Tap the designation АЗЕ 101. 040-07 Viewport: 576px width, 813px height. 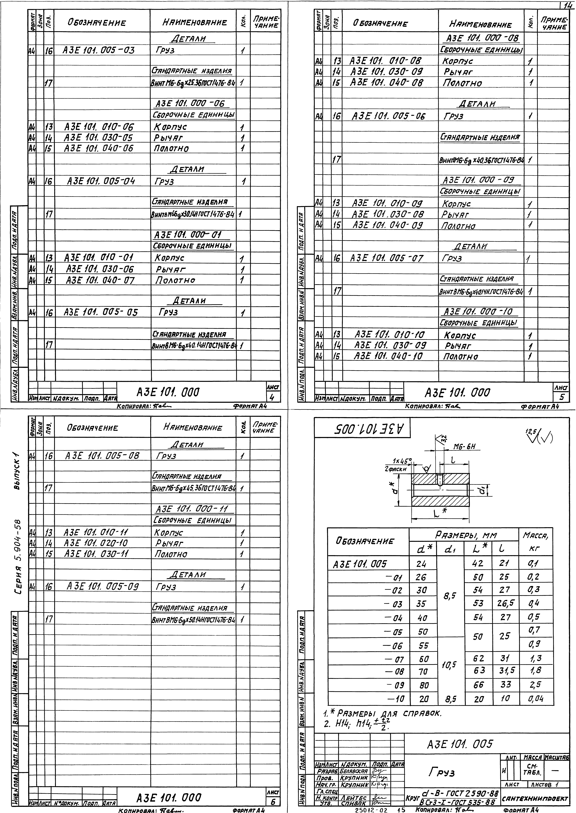(100, 280)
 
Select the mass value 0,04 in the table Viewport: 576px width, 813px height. (536, 699)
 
